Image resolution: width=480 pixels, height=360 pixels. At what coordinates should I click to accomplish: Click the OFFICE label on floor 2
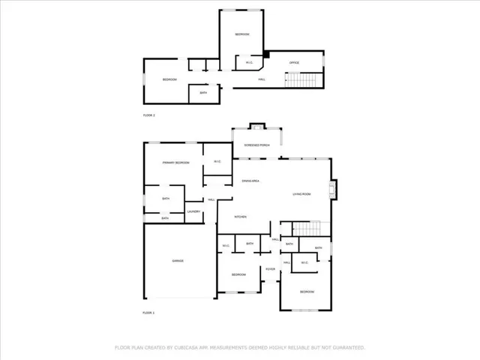tap(295, 62)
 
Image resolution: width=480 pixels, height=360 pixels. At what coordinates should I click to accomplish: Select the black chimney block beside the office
tap(265, 54)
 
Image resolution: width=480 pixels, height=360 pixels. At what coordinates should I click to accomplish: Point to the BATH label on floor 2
tap(203, 93)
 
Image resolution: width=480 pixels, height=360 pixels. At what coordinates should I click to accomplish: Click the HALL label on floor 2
tap(262, 79)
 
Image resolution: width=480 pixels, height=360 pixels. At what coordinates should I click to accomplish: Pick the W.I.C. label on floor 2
tap(249, 62)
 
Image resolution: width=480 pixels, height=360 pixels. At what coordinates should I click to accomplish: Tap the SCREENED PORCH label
tap(256, 145)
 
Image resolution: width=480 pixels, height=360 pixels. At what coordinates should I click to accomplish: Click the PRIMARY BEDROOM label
tap(176, 163)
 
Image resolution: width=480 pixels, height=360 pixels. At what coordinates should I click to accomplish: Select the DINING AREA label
tap(250, 181)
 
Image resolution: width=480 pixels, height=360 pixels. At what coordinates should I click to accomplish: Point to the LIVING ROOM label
tap(301, 194)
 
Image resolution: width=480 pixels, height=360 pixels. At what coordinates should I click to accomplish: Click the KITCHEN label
tap(241, 217)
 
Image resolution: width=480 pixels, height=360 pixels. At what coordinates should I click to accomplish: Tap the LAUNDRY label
tap(193, 211)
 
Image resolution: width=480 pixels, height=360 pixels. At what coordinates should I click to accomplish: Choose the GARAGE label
tap(178, 260)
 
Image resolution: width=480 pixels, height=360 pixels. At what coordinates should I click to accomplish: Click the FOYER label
tap(270, 268)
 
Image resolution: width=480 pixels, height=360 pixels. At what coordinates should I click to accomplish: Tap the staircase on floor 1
tap(310, 228)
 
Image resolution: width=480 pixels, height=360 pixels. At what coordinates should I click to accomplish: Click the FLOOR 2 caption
tap(148, 115)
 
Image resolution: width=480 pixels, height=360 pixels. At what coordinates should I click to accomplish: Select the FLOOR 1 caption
tap(148, 312)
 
